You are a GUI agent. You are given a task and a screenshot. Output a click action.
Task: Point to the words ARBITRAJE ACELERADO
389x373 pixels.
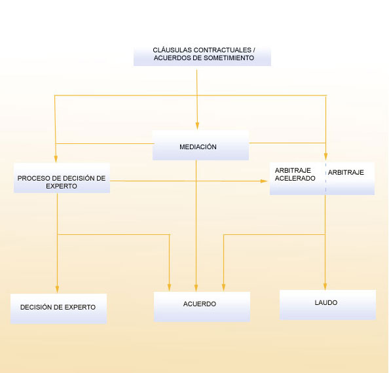point(295,175)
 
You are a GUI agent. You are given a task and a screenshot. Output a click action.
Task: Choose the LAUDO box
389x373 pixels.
point(327,304)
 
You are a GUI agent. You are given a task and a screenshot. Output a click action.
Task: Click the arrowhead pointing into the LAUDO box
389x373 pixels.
point(325,287)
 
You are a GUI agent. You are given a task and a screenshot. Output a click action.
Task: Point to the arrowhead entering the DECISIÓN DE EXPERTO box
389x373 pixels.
point(57,291)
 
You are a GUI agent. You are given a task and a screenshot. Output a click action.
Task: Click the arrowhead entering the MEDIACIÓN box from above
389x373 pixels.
point(196,126)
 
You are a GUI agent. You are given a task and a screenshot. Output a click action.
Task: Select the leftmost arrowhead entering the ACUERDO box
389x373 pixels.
point(170,288)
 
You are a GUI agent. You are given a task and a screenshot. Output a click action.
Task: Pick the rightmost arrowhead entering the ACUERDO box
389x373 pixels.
point(224,288)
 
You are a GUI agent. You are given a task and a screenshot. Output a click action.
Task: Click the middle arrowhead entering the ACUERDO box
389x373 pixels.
point(196,288)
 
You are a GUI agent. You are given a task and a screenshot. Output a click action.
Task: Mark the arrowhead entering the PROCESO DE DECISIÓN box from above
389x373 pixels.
point(56,159)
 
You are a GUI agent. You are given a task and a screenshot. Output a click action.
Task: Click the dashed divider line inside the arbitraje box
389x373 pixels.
point(325,178)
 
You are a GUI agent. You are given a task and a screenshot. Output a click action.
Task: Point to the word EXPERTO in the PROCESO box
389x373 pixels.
point(62,186)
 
